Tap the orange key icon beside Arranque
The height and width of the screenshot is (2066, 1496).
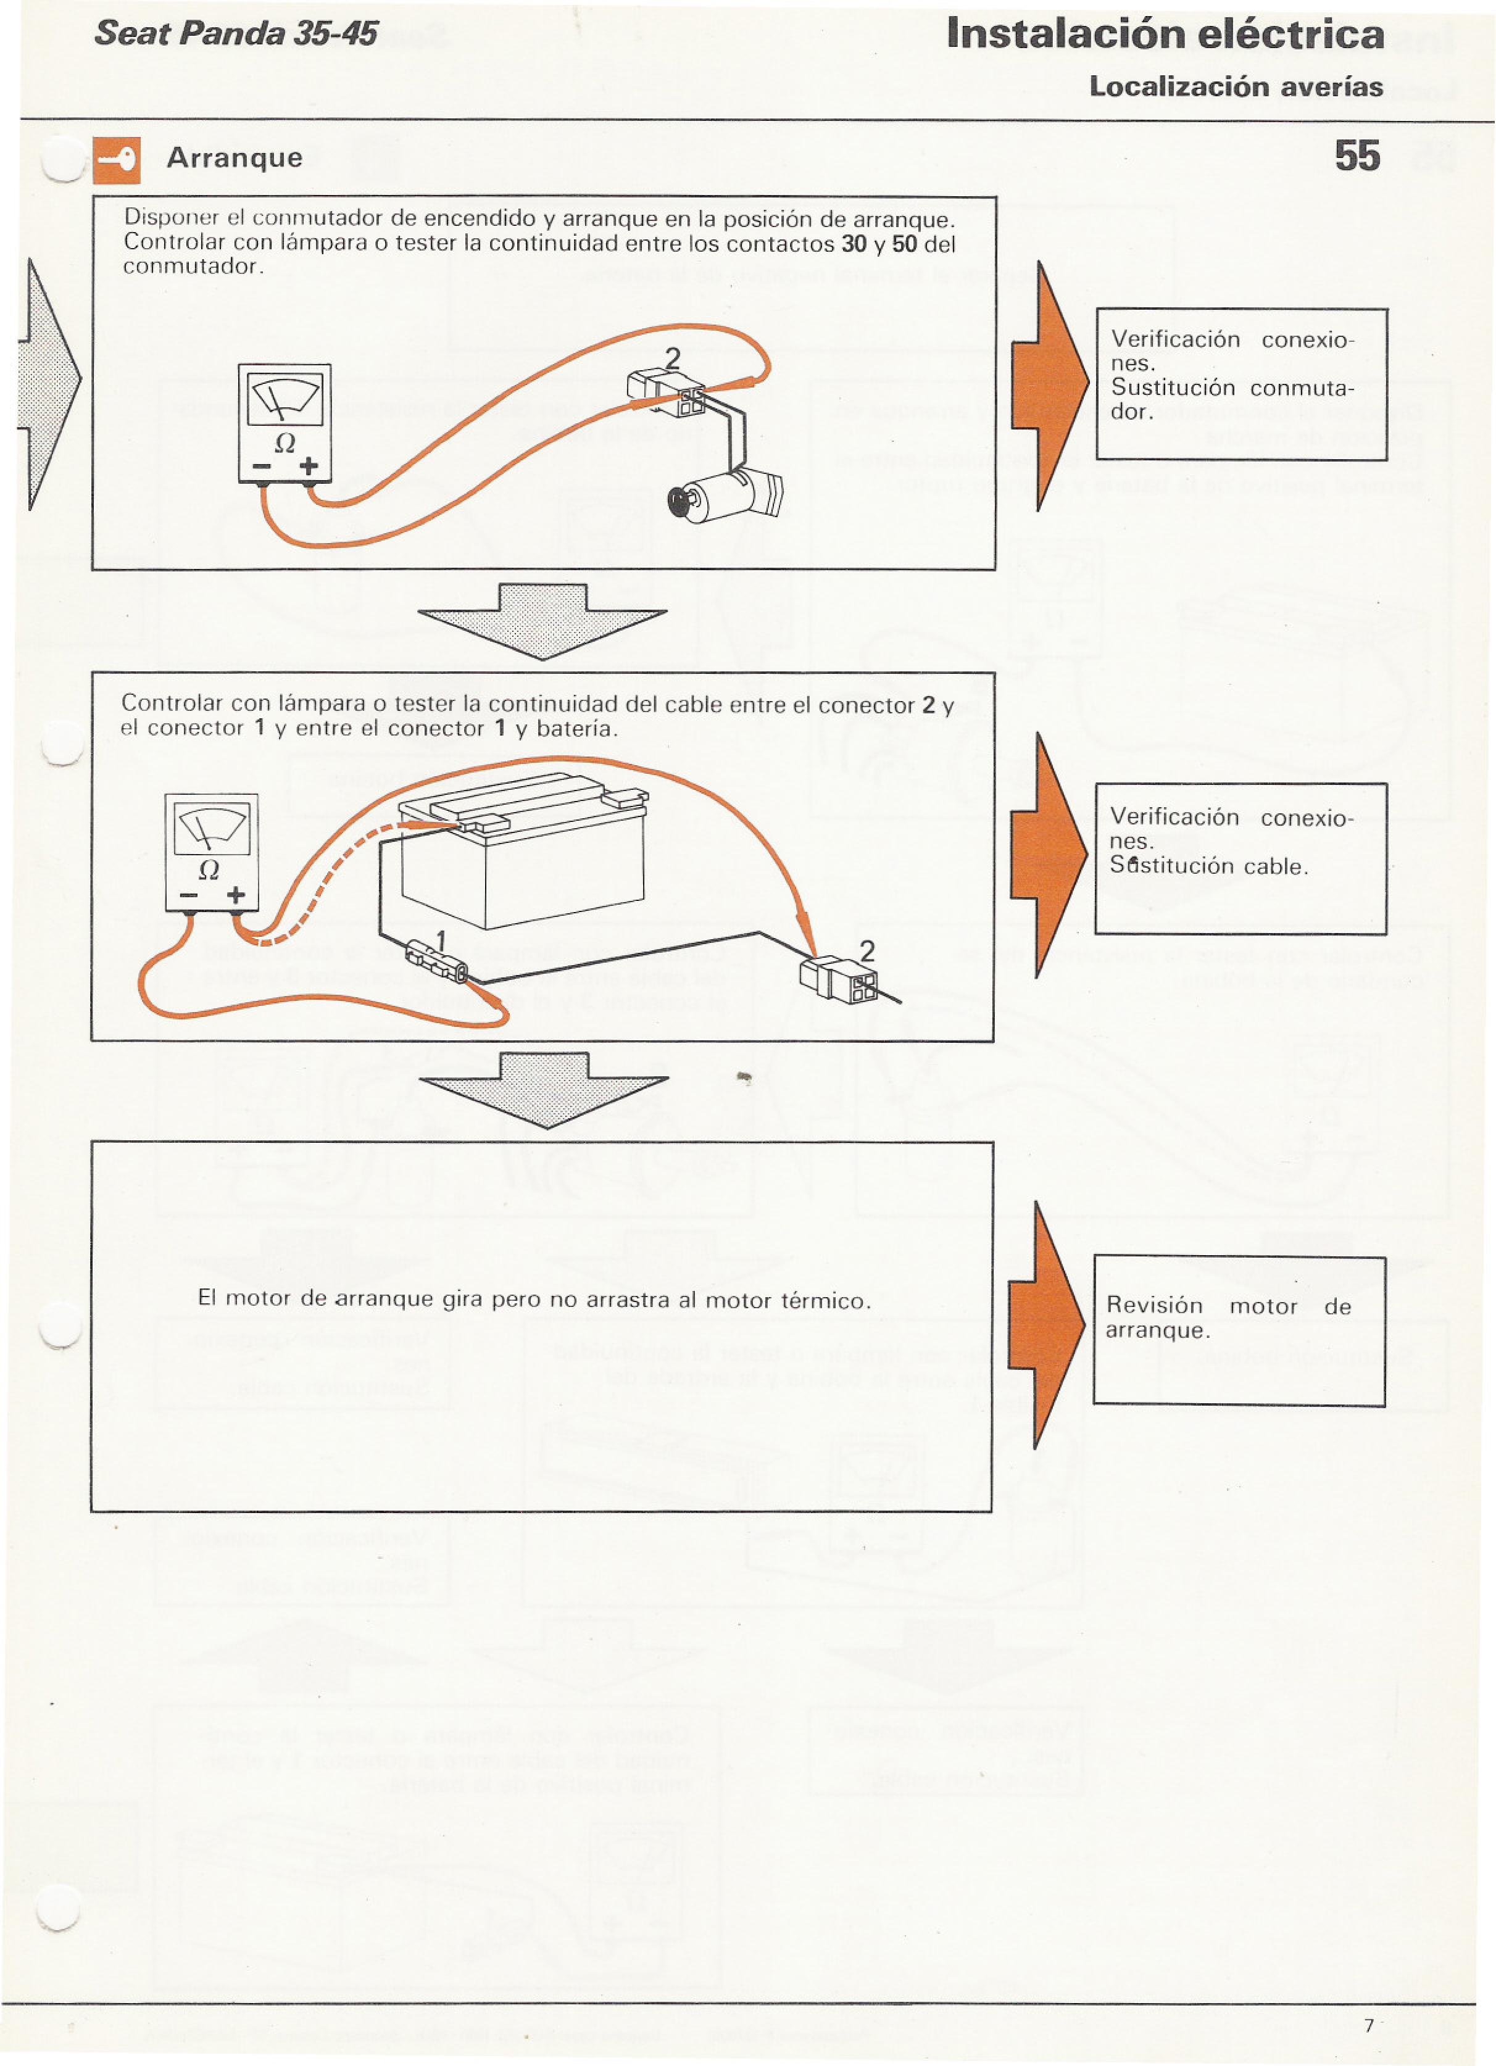tap(117, 160)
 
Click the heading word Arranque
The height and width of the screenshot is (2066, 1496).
tap(234, 159)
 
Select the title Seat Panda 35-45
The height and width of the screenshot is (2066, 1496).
tap(235, 34)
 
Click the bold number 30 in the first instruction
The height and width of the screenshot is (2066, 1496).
tap(854, 244)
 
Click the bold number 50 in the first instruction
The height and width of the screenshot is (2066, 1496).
tap(904, 244)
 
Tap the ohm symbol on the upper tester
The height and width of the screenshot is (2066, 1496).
tap(285, 444)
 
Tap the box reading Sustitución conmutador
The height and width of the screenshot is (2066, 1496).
tap(1241, 384)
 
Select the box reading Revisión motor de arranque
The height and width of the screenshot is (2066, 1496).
tap(1239, 1331)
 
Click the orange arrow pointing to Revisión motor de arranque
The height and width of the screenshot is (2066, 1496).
tap(1048, 1325)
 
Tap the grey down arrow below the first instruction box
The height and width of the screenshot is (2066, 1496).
tap(543, 621)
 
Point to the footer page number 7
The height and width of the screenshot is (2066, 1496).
tap(1368, 2025)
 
